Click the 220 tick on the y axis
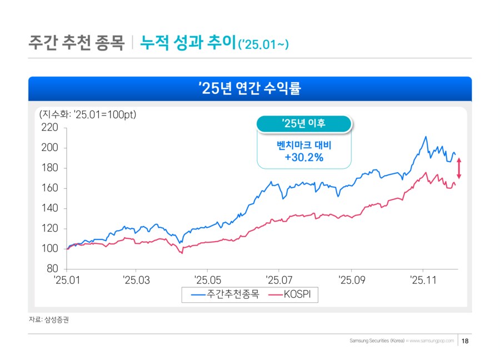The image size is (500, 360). point(50,128)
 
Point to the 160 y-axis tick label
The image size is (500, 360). point(50,188)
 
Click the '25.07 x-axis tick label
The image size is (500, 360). point(279,279)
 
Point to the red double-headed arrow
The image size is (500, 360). point(459,168)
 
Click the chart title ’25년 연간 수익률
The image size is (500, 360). point(250,88)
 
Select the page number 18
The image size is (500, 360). point(465,340)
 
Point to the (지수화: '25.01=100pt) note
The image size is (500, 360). point(88,115)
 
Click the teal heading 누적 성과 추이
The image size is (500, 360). point(188,42)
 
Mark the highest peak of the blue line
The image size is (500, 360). point(426,137)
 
